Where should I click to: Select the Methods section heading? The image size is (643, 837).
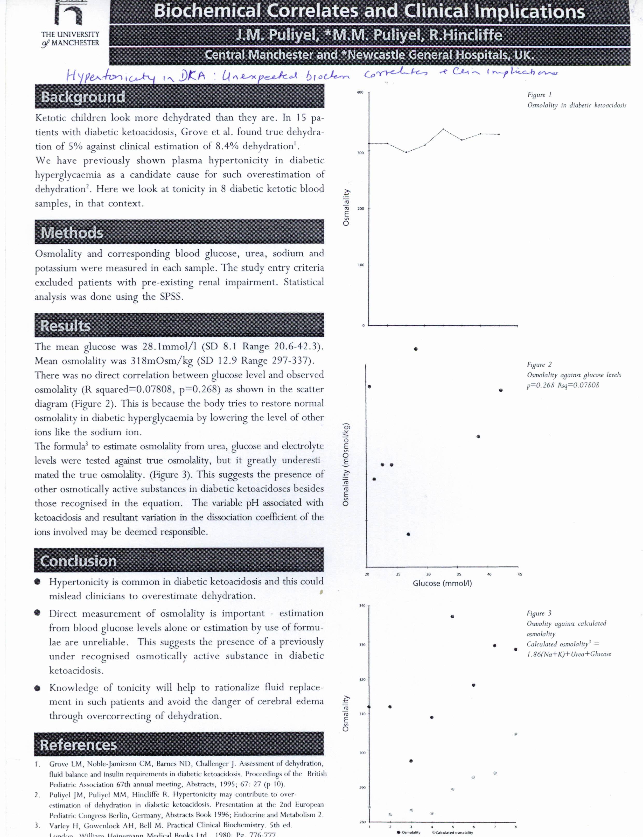[72, 233]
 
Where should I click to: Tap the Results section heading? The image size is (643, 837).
[65, 326]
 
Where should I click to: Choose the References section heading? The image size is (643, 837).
[79, 745]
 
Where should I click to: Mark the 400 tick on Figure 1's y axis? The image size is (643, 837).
[360, 93]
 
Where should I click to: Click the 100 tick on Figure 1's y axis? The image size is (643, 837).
[361, 265]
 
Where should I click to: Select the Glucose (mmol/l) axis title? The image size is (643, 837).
[442, 584]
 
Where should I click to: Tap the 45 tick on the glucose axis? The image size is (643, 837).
[519, 574]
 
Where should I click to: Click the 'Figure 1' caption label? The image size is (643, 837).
[539, 95]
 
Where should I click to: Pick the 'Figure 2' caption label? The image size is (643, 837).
[539, 364]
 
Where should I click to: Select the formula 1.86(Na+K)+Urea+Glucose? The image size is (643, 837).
[569, 654]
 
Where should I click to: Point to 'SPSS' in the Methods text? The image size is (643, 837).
[170, 297]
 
